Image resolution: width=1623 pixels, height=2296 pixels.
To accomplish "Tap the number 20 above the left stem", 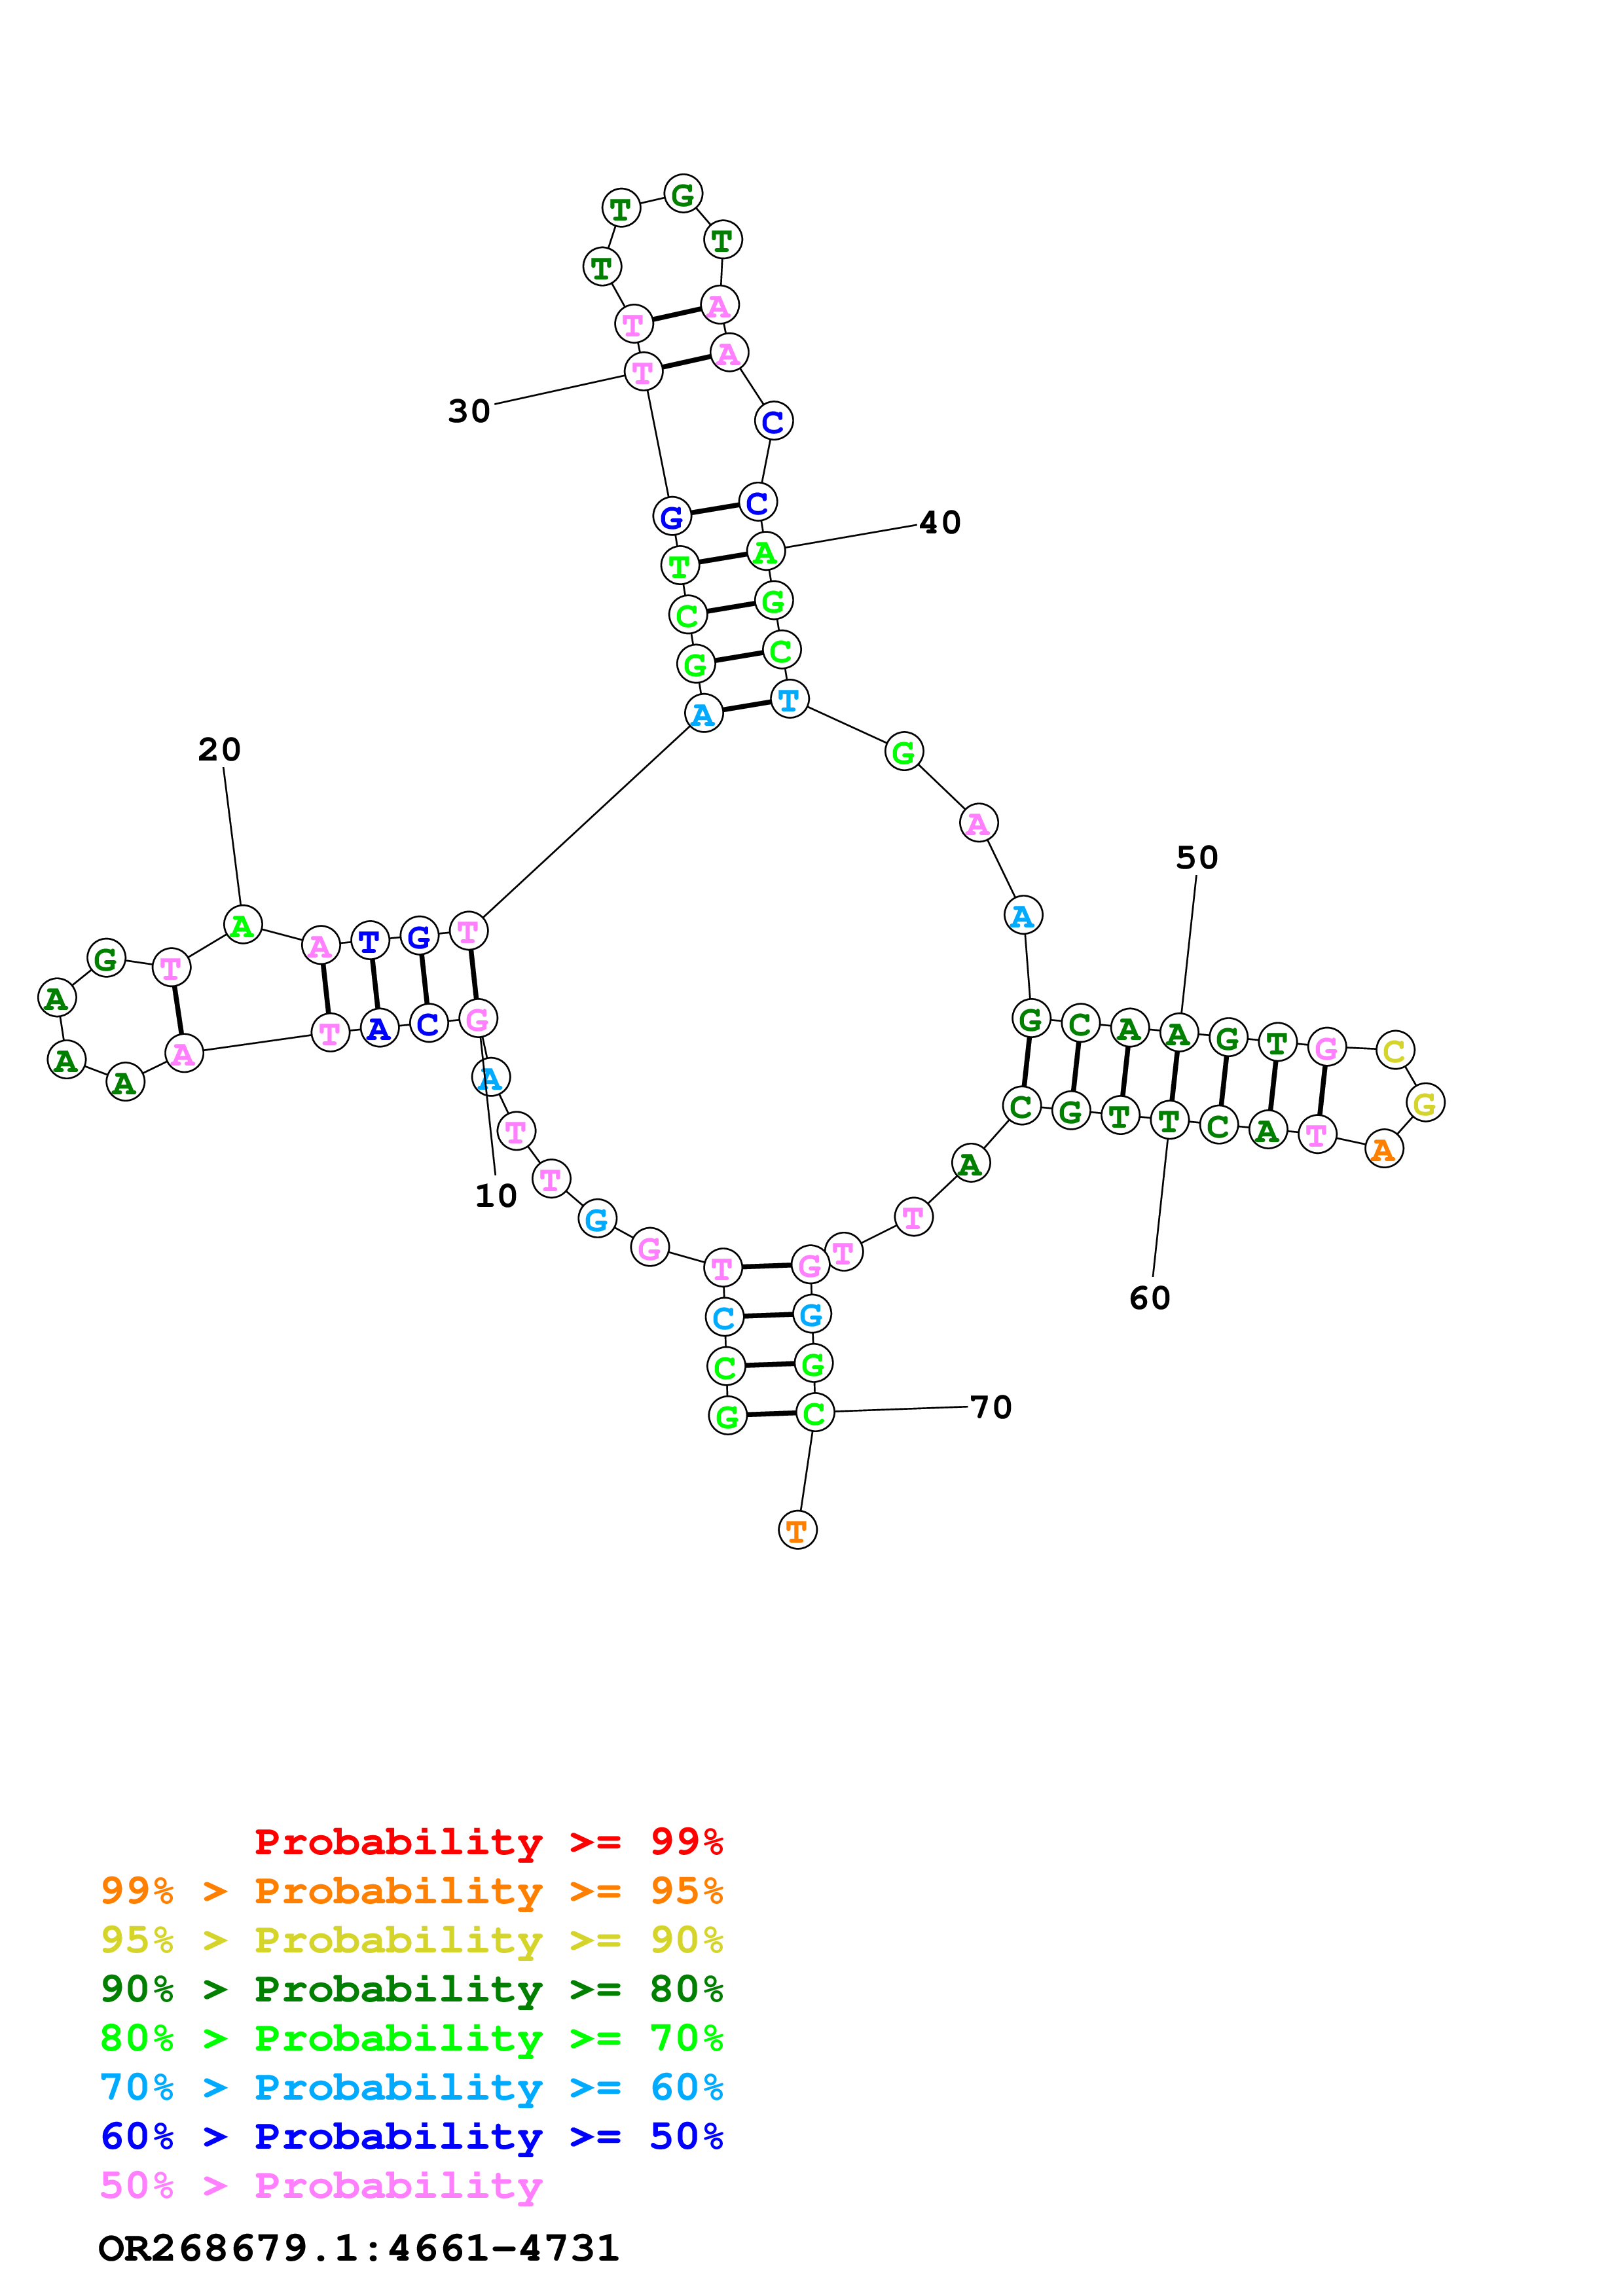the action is pyautogui.click(x=219, y=750).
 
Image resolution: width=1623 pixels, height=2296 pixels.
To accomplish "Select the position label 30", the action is pyautogui.click(x=469, y=411).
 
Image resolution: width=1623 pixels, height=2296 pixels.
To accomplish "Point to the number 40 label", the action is pyautogui.click(x=940, y=523).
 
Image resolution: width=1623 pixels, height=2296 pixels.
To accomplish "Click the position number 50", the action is pyautogui.click(x=1197, y=858).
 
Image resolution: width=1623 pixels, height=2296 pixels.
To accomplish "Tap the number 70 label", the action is pyautogui.click(x=991, y=1408).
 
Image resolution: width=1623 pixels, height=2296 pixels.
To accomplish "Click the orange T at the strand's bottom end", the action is pyautogui.click(x=797, y=1530).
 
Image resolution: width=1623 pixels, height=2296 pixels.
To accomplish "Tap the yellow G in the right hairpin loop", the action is pyautogui.click(x=1425, y=1103).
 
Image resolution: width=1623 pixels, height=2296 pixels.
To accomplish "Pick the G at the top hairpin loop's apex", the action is pyautogui.click(x=683, y=194).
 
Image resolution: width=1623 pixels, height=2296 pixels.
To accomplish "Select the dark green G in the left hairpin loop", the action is pyautogui.click(x=106, y=959).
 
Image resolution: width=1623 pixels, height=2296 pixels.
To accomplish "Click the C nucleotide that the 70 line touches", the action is pyautogui.click(x=815, y=1413).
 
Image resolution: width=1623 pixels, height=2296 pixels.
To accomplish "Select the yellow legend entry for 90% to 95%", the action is pyautogui.click(x=411, y=1940).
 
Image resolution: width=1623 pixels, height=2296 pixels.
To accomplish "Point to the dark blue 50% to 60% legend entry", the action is pyautogui.click(x=411, y=2137).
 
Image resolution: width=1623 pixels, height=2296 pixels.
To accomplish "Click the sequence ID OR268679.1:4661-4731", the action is pyautogui.click(x=359, y=2249).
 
